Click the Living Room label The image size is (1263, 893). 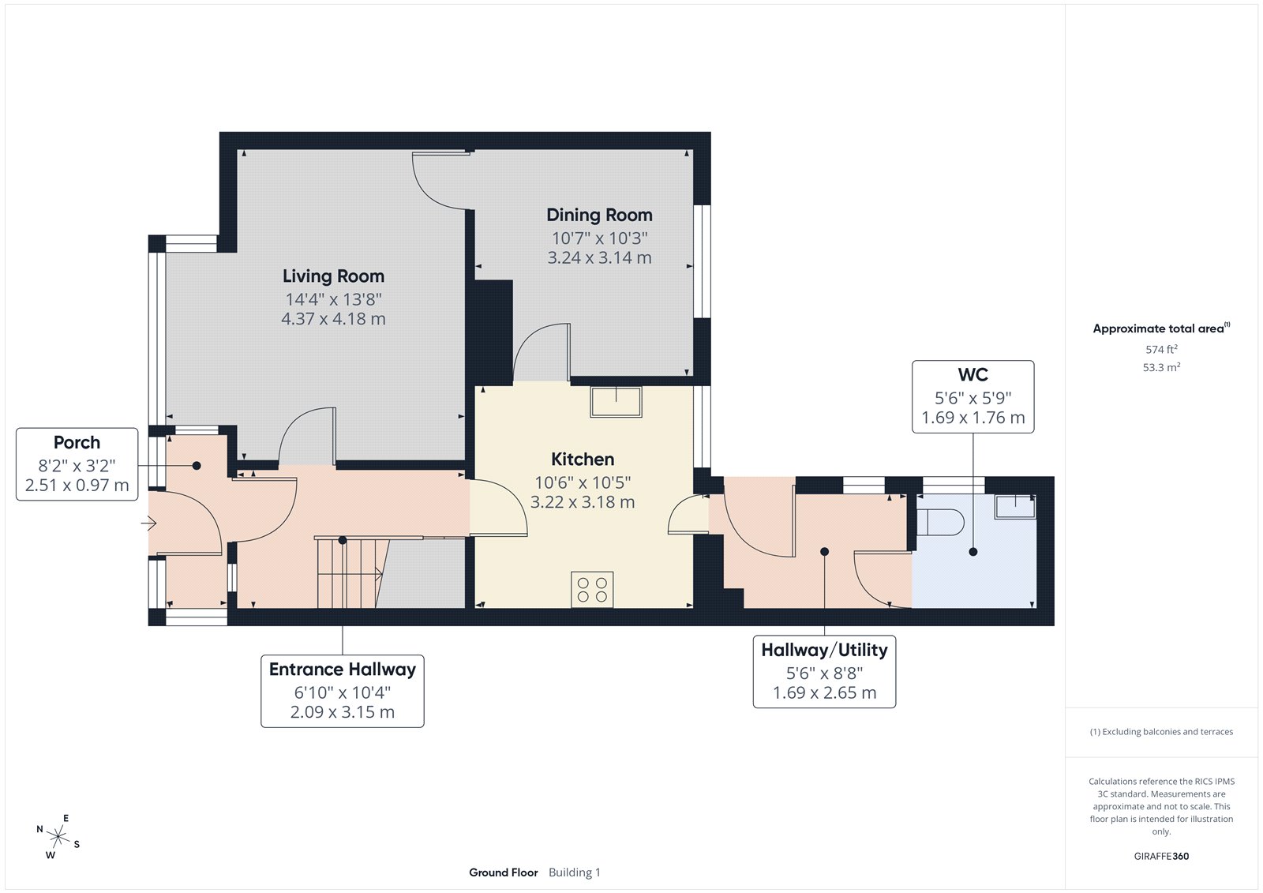(x=333, y=276)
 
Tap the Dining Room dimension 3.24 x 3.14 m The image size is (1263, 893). (x=599, y=258)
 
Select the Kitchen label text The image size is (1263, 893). (x=583, y=460)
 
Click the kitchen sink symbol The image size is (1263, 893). (x=616, y=401)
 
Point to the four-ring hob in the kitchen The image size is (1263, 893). (x=592, y=590)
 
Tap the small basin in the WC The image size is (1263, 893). (x=1014, y=506)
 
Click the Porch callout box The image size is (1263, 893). (x=77, y=464)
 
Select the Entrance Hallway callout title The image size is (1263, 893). (x=343, y=670)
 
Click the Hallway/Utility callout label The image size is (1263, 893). (x=824, y=650)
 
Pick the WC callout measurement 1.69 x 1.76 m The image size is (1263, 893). (x=973, y=418)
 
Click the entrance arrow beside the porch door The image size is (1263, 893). (x=149, y=523)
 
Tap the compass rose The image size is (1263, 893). (x=58, y=836)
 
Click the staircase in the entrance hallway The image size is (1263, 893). (x=347, y=572)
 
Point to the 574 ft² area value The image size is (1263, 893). (x=1161, y=349)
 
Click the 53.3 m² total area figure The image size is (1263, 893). (x=1161, y=367)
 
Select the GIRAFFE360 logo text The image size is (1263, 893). (x=1161, y=856)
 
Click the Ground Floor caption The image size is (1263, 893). (x=504, y=872)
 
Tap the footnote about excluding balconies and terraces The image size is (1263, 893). (x=1161, y=732)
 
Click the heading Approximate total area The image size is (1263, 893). (x=1158, y=328)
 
